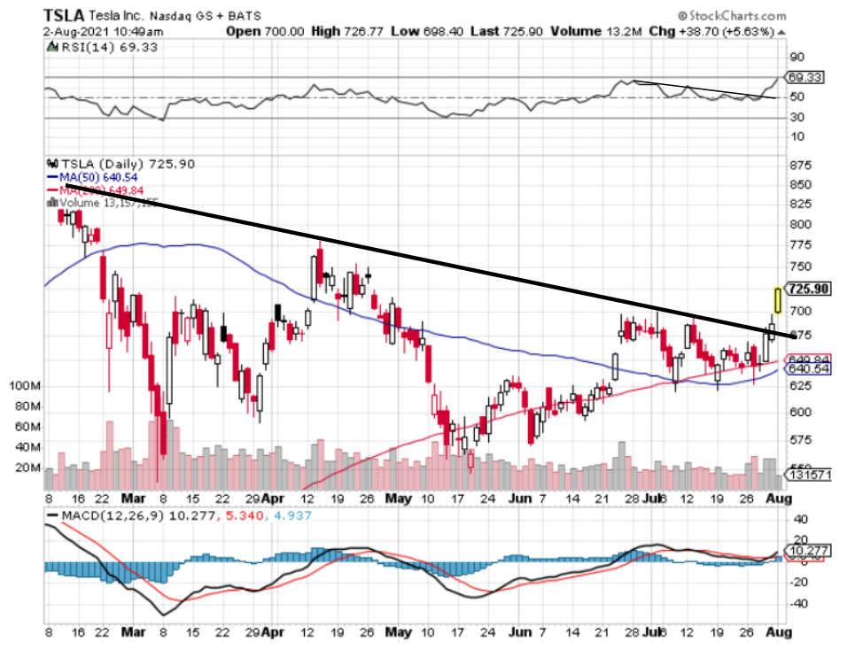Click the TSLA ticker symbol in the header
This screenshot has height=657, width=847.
pos(65,16)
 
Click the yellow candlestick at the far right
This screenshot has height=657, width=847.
pos(778,299)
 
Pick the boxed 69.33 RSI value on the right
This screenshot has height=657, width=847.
pos(807,78)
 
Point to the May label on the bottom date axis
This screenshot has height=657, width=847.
pos(399,634)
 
